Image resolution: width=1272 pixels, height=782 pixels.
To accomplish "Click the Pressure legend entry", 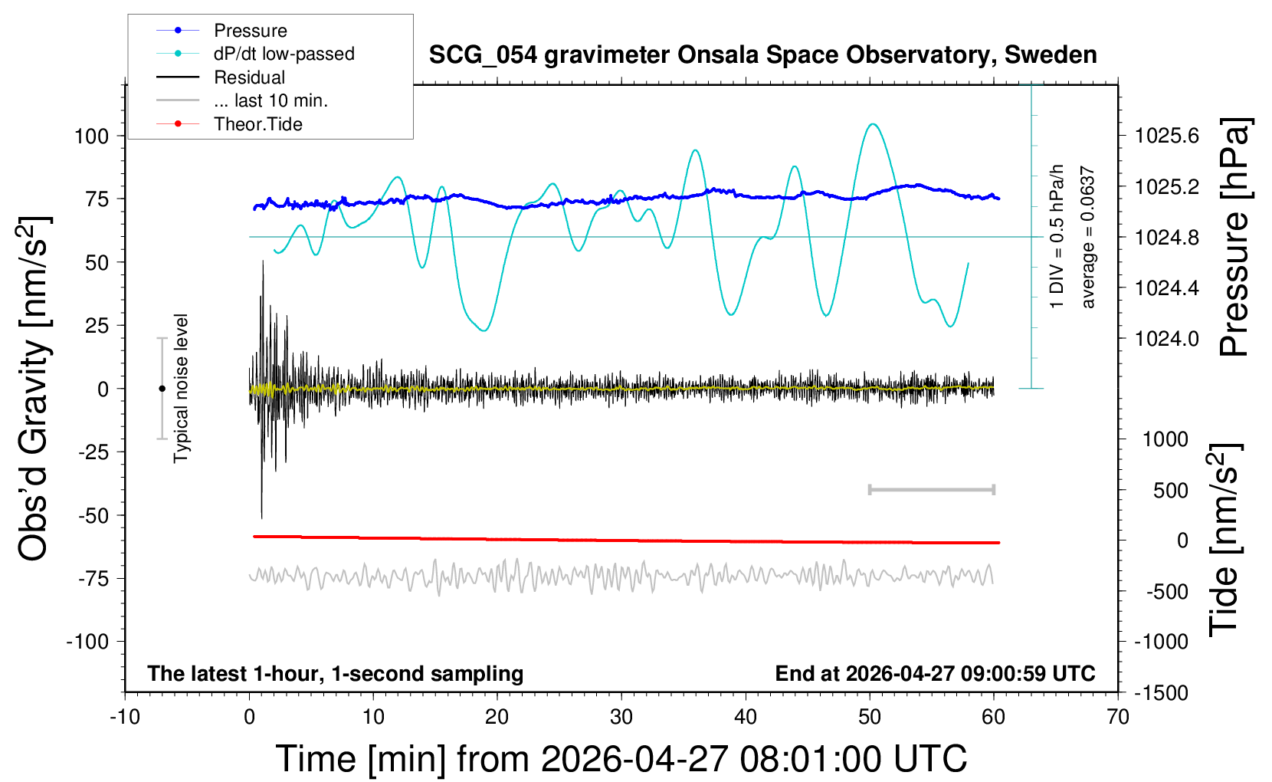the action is pyautogui.click(x=221, y=30).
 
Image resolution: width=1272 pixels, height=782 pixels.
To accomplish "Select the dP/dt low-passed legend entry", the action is pyautogui.click(x=255, y=54).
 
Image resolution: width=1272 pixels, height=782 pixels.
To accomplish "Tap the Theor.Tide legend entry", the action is pyautogui.click(x=229, y=124).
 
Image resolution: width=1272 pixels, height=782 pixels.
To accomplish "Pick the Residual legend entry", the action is pyautogui.click(x=221, y=77).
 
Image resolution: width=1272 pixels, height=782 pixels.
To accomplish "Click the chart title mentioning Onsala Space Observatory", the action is pyautogui.click(x=762, y=55).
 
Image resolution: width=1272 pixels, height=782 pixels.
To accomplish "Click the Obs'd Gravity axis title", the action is pyautogui.click(x=33, y=389).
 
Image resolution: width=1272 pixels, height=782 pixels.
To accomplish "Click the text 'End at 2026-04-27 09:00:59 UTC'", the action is pyautogui.click(x=936, y=673).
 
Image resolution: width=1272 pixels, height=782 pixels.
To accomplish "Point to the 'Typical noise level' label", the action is pyautogui.click(x=181, y=389).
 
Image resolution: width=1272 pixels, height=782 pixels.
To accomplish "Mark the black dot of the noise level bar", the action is pyautogui.click(x=162, y=389).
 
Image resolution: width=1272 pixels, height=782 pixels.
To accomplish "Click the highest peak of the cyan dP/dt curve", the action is pyautogui.click(x=873, y=124).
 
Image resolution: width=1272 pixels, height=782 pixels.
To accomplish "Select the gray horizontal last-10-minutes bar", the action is pyautogui.click(x=931, y=490).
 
